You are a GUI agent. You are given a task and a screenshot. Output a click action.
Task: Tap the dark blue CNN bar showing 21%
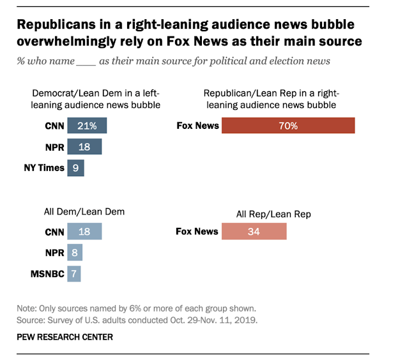(x=87, y=126)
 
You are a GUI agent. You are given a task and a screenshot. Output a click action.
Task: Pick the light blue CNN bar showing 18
(x=84, y=232)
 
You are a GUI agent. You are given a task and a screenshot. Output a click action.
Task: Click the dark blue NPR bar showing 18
(x=84, y=147)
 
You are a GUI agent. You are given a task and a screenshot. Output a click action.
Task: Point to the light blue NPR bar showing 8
(x=75, y=253)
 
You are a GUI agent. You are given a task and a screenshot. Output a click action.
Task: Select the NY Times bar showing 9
(x=76, y=168)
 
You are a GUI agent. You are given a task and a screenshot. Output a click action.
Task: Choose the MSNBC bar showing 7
(x=74, y=274)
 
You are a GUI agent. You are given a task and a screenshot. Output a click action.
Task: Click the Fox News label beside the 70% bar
(x=197, y=126)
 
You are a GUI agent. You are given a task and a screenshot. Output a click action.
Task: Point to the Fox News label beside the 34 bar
(x=197, y=232)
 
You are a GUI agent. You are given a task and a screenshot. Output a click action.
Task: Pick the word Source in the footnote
(x=30, y=318)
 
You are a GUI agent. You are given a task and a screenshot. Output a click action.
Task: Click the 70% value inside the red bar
(x=288, y=126)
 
